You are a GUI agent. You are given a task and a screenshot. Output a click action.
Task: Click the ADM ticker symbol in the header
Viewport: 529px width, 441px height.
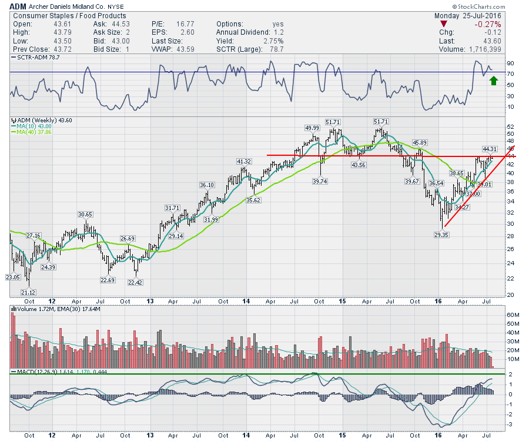pos(18,6)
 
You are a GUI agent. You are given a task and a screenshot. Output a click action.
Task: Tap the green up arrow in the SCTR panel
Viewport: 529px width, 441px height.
pos(494,80)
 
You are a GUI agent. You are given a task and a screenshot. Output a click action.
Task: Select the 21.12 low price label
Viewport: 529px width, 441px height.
pos(28,292)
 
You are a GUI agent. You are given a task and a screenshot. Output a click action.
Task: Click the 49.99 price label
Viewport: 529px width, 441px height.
pos(312,128)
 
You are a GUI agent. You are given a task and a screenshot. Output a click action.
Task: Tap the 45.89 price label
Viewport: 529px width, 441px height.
pos(419,142)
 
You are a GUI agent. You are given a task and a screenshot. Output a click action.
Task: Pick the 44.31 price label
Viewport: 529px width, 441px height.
pos(490,149)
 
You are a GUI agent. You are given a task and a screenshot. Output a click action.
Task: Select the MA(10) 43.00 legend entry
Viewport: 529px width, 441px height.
pos(34,126)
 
